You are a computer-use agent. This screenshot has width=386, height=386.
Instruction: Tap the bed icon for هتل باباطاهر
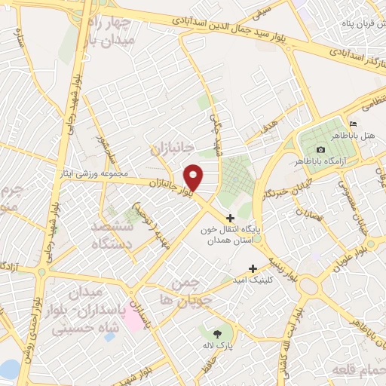point(352,124)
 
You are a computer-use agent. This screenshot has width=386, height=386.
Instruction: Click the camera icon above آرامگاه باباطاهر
point(321,150)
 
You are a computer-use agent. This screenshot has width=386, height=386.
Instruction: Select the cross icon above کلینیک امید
point(253,268)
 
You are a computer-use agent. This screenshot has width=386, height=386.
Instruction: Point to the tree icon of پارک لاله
point(216,332)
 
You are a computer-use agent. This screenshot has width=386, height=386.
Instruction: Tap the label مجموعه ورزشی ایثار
point(97,173)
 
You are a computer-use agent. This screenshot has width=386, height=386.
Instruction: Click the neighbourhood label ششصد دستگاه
point(112,235)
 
